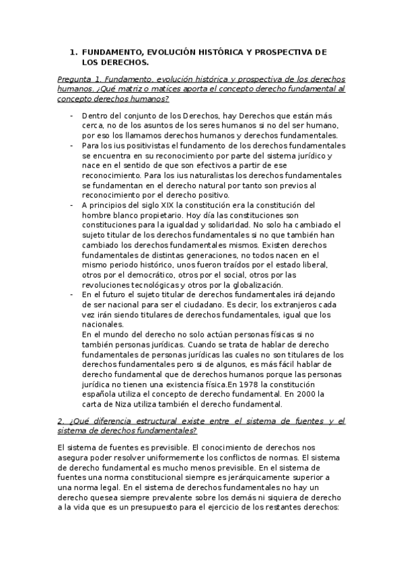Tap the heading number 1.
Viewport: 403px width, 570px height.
click(73, 52)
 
